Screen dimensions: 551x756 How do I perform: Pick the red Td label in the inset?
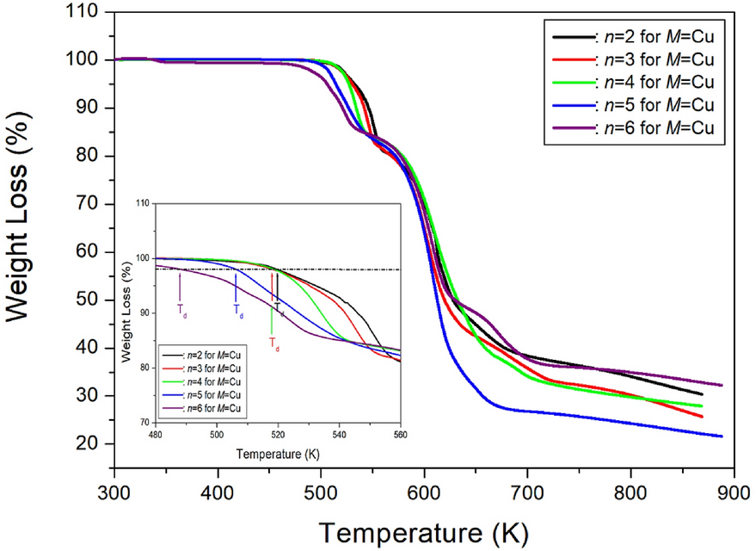pos(274,342)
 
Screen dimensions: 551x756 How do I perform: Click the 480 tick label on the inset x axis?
pos(156,435)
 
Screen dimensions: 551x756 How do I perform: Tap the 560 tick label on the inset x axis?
pos(400,435)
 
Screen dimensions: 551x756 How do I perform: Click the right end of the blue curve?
pos(721,436)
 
